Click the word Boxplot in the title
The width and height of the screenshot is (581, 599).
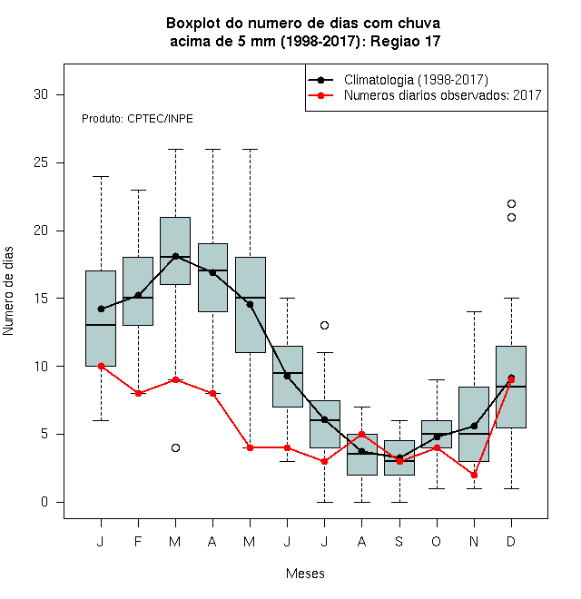193,24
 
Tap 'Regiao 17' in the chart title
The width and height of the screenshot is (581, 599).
405,41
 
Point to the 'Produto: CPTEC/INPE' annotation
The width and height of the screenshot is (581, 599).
137,119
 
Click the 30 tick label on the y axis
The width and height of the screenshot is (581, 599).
41,94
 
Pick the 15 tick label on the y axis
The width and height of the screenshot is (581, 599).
41,299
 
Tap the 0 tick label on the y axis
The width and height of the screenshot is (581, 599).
44,502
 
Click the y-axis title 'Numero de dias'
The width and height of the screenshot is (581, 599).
8,291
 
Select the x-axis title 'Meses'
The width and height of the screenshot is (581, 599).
305,574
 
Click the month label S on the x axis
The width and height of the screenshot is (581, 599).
399,541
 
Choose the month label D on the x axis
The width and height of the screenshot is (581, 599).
511,541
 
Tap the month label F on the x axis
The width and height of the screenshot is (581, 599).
138,541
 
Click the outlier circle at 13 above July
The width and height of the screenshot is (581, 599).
324,326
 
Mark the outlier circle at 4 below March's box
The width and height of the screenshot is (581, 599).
175,447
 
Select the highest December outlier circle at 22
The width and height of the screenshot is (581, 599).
511,203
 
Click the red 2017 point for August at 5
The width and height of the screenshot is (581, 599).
361,435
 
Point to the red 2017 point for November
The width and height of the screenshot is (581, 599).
474,476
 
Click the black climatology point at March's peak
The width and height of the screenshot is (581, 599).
175,256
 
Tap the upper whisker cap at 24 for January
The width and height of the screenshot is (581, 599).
101,176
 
